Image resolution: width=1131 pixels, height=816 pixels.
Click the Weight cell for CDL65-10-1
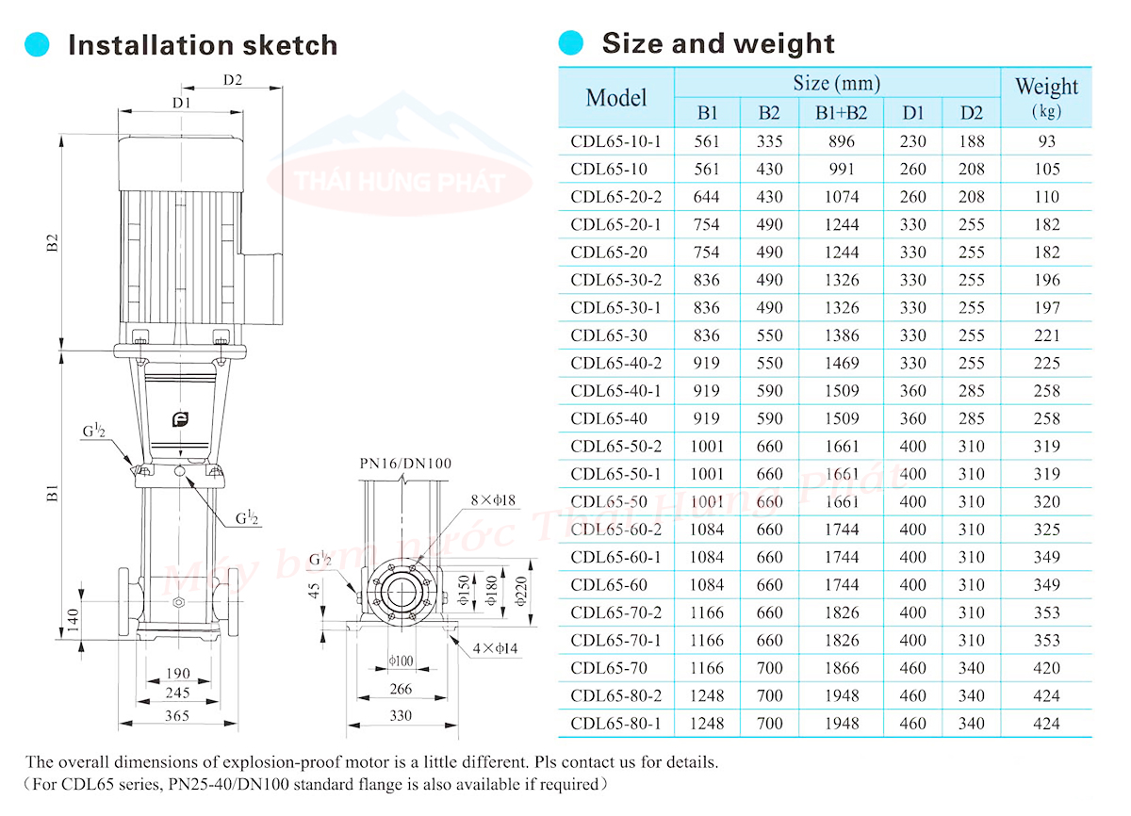[x=1046, y=141]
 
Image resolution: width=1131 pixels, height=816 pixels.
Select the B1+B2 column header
[x=841, y=112]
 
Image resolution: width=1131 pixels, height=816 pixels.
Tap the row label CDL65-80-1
[x=615, y=724]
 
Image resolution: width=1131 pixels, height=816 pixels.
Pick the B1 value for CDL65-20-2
[x=706, y=197]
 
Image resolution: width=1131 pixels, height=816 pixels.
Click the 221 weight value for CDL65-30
[x=1046, y=335]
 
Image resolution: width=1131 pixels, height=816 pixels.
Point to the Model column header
[x=616, y=97]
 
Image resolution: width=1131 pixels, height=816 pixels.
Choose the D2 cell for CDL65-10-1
[x=972, y=141]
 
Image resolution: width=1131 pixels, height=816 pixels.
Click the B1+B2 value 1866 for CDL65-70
[x=841, y=668]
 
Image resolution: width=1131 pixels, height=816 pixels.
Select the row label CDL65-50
[x=609, y=501]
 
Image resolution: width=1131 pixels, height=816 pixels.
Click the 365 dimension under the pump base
[x=177, y=715]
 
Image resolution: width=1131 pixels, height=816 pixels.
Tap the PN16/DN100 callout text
[x=405, y=464]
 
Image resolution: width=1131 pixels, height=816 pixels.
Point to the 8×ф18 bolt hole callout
[x=493, y=500]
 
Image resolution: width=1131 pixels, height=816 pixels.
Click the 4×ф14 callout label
[x=496, y=648]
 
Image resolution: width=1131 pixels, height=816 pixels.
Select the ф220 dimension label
[x=520, y=591]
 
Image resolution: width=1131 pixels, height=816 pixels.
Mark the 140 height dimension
[x=74, y=620]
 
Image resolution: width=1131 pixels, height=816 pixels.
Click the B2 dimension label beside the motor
[x=53, y=243]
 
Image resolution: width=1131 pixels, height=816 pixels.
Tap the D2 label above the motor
[x=233, y=80]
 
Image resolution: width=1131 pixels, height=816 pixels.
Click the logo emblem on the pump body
[x=180, y=419]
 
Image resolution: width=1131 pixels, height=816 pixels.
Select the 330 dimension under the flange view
[x=401, y=715]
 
